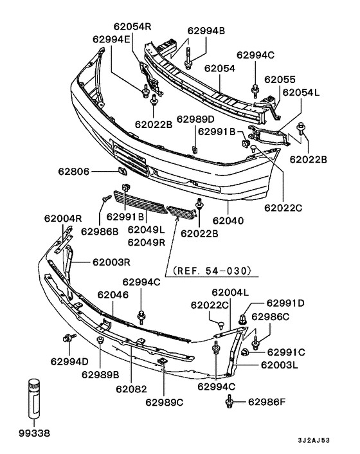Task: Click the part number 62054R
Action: (x=132, y=26)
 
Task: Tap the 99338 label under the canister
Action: (x=35, y=433)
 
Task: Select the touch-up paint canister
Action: (x=34, y=398)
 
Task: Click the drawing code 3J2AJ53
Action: (x=314, y=440)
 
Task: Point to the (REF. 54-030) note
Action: (x=212, y=271)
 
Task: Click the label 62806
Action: (x=74, y=172)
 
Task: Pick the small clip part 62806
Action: (x=122, y=171)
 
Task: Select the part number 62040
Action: (x=228, y=221)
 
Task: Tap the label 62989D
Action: (x=195, y=120)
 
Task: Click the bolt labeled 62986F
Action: (x=230, y=402)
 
